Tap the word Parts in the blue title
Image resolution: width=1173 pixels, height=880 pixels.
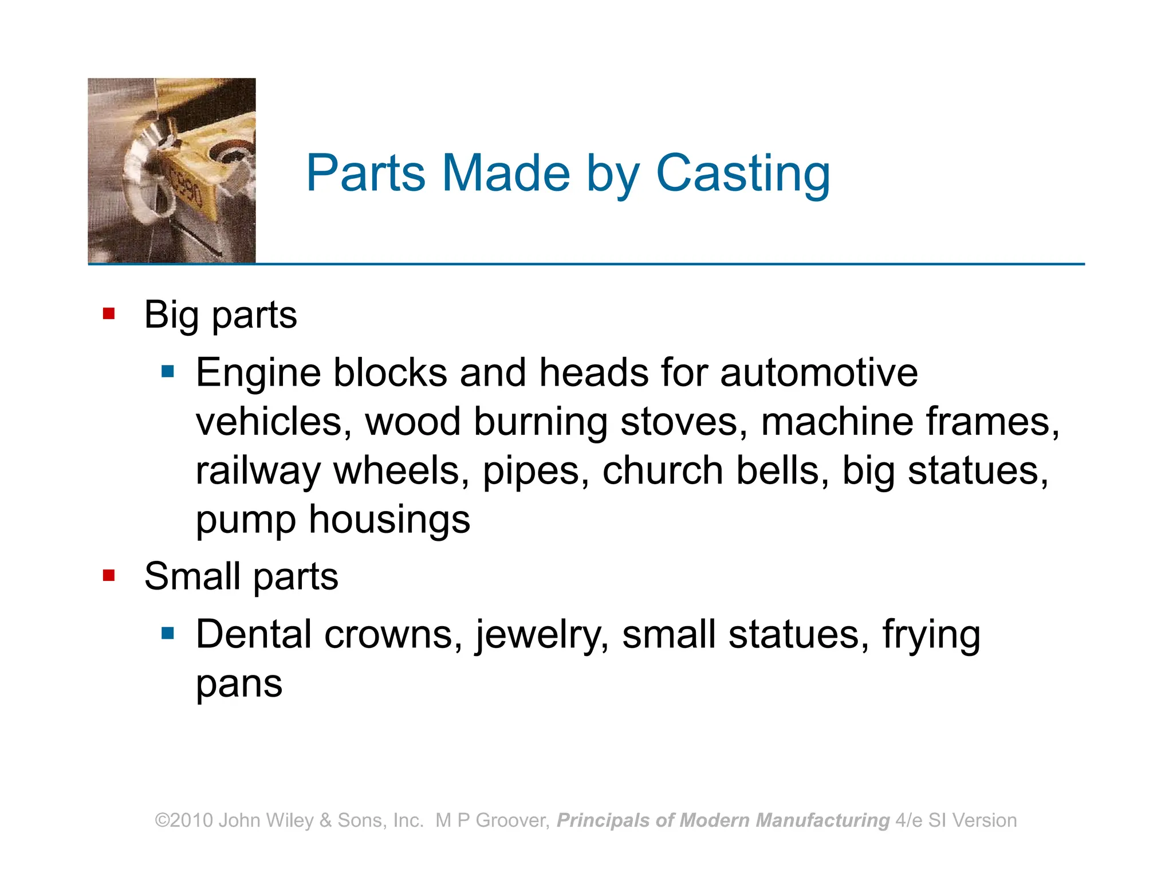point(365,174)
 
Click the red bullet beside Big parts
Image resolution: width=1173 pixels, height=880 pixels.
point(109,313)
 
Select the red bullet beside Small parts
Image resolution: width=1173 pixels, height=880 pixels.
point(109,575)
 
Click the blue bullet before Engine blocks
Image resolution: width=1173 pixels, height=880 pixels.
point(167,372)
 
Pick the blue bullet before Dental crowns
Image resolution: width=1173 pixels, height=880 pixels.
point(167,633)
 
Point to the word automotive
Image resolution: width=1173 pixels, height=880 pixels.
point(818,373)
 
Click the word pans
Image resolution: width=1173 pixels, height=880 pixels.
point(239,685)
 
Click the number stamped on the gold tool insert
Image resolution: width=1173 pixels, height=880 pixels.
point(187,186)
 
